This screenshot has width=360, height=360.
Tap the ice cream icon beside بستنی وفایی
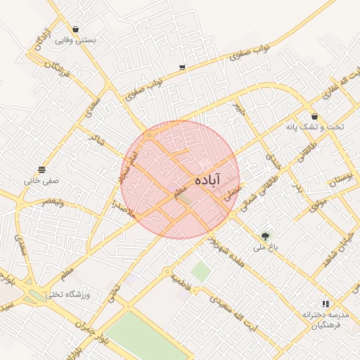[75, 30]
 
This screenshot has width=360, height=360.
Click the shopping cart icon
[182, 67]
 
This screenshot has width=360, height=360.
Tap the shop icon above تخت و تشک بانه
[314, 116]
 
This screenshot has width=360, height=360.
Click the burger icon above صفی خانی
[42, 169]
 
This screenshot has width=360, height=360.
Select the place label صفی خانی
[41, 181]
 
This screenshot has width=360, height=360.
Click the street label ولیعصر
[53, 201]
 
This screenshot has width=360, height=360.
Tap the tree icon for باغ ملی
[265, 236]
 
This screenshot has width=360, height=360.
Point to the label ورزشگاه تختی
[75, 294]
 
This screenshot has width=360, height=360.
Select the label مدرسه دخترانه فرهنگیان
[322, 319]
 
